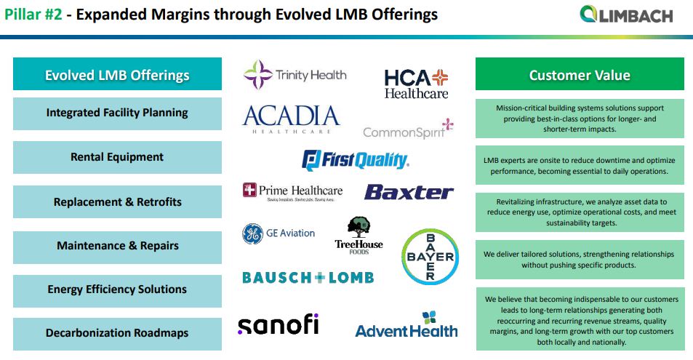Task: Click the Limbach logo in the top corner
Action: [x=626, y=15]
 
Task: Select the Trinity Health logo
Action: [x=295, y=74]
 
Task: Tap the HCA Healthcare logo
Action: [x=416, y=84]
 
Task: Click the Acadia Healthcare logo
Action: [x=291, y=119]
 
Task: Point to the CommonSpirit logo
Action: [x=408, y=129]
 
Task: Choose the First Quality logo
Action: [x=356, y=160]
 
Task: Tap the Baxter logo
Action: [x=409, y=192]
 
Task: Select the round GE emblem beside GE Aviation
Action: [x=252, y=233]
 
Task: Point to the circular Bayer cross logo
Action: [x=430, y=257]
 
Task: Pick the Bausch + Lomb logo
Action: [x=308, y=277]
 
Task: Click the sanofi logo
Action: [x=278, y=324]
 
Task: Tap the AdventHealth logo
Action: [x=406, y=325]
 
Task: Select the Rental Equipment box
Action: [x=117, y=157]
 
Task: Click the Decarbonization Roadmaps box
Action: [x=117, y=333]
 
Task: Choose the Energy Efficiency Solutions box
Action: [x=117, y=289]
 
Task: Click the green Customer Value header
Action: [x=580, y=75]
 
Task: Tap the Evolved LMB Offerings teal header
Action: [x=117, y=75]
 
